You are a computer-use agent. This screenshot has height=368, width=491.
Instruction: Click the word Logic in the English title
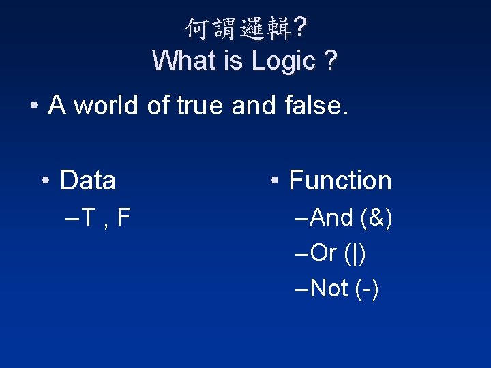click(x=282, y=61)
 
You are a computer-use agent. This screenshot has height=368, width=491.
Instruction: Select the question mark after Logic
click(x=330, y=61)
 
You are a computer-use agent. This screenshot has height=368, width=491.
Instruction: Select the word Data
click(x=88, y=181)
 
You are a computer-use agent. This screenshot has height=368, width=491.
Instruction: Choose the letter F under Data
click(x=123, y=218)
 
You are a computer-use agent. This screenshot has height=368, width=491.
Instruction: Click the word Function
click(x=340, y=181)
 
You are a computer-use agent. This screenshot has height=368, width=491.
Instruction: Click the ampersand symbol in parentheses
click(x=374, y=218)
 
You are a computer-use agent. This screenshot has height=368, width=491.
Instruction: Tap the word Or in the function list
click(x=324, y=254)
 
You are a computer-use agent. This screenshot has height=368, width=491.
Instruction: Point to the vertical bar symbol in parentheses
click(x=355, y=254)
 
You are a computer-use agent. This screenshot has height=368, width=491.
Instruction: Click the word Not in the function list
click(x=329, y=289)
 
